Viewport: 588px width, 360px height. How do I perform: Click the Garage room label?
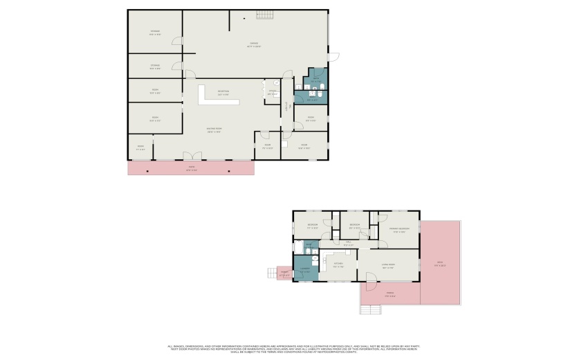(x=255, y=45)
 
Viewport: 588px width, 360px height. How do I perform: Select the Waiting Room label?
(x=213, y=130)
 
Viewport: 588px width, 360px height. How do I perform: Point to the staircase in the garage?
(x=266, y=15)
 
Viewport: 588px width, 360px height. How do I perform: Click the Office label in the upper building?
(x=273, y=92)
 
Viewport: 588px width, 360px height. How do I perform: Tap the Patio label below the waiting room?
(x=192, y=168)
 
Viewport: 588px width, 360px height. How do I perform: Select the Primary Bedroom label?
(x=399, y=230)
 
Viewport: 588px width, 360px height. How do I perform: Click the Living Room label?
(x=388, y=266)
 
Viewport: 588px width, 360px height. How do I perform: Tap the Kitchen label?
(x=338, y=265)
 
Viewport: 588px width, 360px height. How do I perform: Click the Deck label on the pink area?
(x=440, y=263)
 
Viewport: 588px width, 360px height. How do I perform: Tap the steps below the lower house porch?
(x=370, y=310)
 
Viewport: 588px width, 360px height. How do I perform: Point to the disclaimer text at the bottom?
(x=293, y=350)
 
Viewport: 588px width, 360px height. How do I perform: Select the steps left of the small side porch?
(x=272, y=273)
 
